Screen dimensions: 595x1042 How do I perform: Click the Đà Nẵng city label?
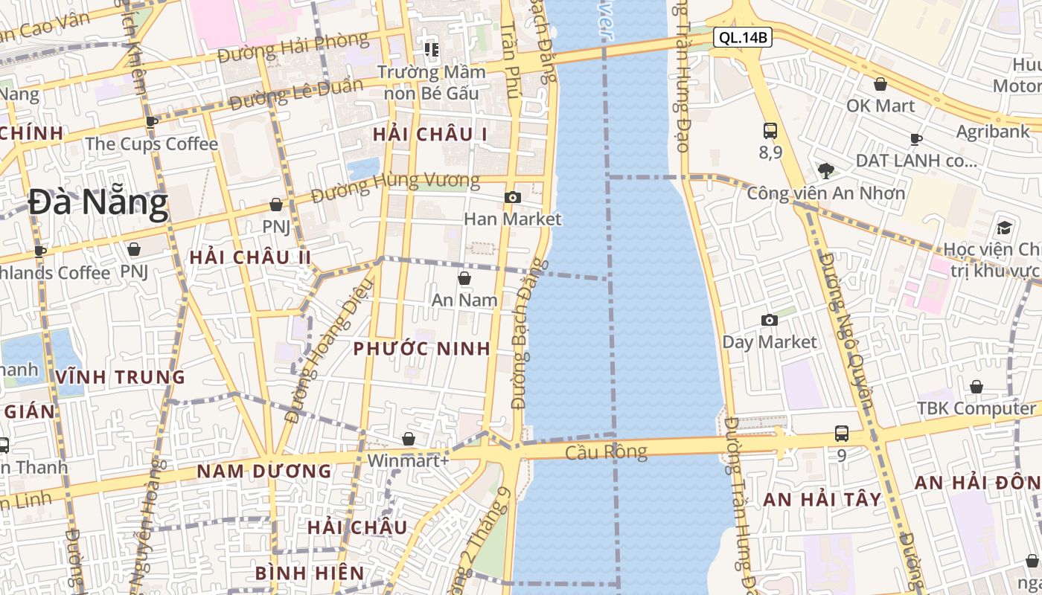click(x=98, y=204)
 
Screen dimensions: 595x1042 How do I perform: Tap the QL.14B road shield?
click(x=742, y=37)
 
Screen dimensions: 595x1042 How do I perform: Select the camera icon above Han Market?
click(x=512, y=197)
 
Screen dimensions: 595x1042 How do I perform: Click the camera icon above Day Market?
click(x=770, y=320)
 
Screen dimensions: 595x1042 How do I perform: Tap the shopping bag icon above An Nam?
click(x=464, y=278)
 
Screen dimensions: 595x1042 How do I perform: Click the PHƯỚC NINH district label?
click(x=421, y=349)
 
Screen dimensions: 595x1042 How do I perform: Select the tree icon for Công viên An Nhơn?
click(x=825, y=171)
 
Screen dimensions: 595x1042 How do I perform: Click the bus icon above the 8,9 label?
click(x=770, y=131)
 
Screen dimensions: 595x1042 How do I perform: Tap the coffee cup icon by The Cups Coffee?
click(x=152, y=122)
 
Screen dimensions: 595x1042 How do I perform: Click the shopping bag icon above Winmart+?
click(x=408, y=439)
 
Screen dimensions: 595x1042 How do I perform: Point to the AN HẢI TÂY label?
click(x=822, y=500)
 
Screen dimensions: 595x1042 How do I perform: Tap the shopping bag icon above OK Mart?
click(x=880, y=84)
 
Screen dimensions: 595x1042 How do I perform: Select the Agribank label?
click(x=993, y=132)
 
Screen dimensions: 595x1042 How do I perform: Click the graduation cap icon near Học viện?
click(x=1005, y=227)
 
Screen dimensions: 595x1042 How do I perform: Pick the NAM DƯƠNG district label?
click(x=263, y=472)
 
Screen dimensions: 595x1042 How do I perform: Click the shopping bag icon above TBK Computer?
click(x=976, y=387)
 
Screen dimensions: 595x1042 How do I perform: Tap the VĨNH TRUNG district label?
click(x=120, y=377)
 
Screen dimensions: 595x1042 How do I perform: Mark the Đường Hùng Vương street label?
click(x=395, y=187)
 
